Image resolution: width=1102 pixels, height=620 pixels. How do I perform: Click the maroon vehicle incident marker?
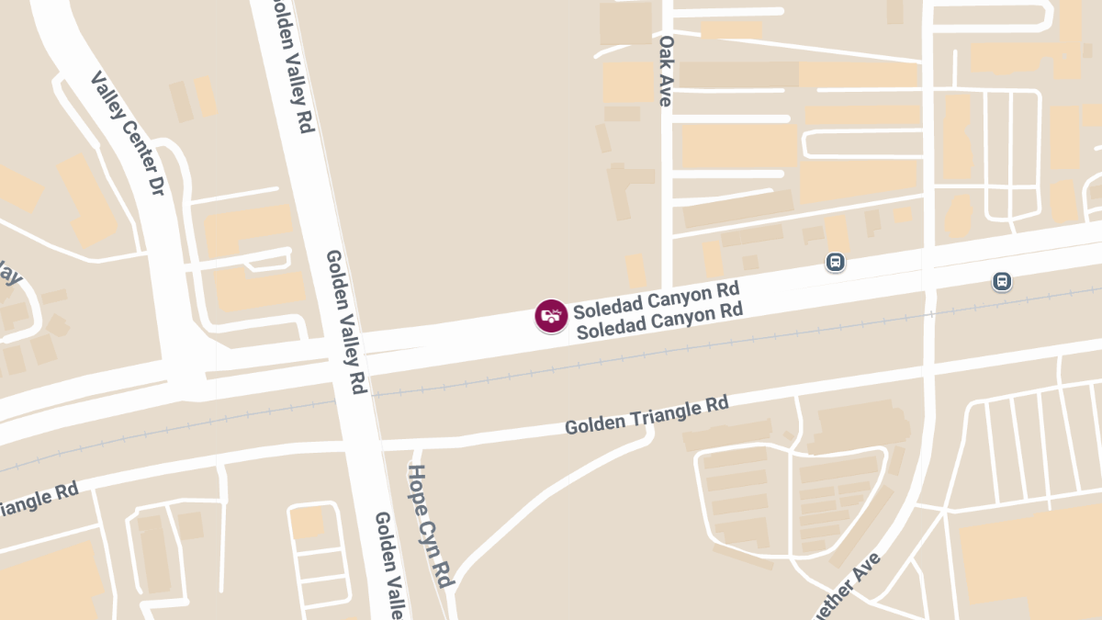tap(551, 316)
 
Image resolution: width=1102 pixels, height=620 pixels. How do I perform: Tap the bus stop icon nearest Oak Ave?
tap(835, 263)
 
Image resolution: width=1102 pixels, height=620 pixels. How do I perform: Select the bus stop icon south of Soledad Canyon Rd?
tap(1002, 281)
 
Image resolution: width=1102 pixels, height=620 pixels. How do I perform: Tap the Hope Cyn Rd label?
tap(431, 526)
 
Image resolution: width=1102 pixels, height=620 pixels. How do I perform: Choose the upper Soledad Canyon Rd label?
tap(657, 299)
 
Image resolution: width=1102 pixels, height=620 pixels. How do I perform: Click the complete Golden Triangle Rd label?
tap(647, 416)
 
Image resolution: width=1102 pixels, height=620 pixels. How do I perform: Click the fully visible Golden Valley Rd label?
tap(346, 322)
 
